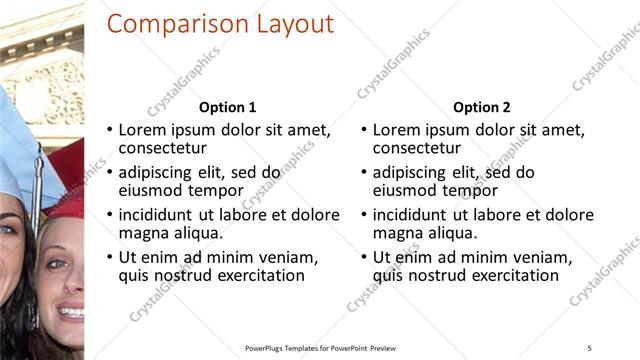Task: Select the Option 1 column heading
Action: click(228, 108)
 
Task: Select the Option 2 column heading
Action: click(482, 108)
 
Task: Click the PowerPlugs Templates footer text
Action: click(320, 347)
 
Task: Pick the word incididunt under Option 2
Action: click(418, 215)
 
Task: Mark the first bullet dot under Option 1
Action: click(110, 131)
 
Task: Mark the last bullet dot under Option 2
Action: click(364, 257)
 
